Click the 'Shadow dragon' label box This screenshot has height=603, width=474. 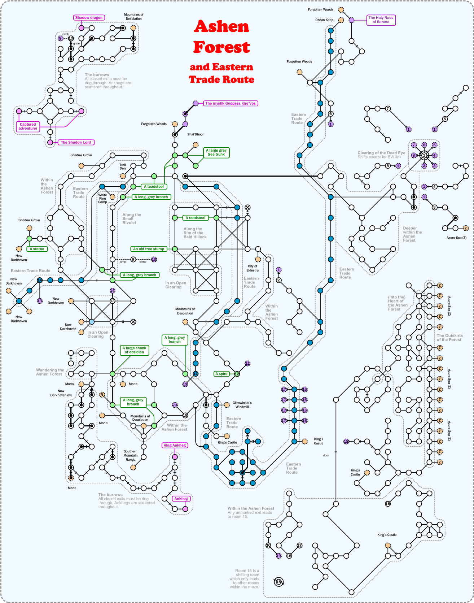click(89, 18)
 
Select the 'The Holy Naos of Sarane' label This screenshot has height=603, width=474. click(381, 20)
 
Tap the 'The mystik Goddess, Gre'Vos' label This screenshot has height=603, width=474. click(231, 103)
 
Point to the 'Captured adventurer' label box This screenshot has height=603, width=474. click(28, 126)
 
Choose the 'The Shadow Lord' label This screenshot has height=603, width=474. click(76, 142)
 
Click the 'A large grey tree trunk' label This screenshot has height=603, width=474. click(216, 152)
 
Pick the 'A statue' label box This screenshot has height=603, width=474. click(37, 249)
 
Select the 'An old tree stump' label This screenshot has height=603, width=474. click(149, 249)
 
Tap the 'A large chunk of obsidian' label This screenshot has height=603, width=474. click(134, 350)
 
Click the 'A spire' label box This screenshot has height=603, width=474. click(221, 374)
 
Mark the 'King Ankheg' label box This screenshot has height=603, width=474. click(175, 445)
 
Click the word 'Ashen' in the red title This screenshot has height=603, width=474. click(221, 26)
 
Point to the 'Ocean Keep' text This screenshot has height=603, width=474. click(324, 20)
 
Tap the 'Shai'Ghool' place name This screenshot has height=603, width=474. click(195, 134)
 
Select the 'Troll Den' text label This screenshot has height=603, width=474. click(123, 166)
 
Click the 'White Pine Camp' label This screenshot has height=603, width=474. click(102, 198)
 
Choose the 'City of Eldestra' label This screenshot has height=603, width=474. click(253, 268)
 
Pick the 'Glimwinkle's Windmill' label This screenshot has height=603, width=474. click(242, 405)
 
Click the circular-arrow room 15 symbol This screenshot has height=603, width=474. click(278, 582)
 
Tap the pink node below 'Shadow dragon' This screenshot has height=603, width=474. click(81, 28)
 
